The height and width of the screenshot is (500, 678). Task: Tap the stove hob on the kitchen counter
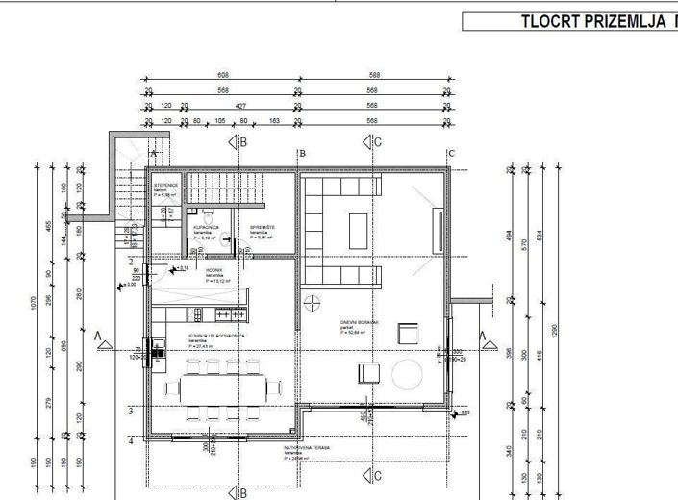tap(227, 314)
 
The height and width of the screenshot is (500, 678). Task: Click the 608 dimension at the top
tap(222, 74)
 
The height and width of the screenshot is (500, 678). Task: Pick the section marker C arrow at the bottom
tap(371, 475)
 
